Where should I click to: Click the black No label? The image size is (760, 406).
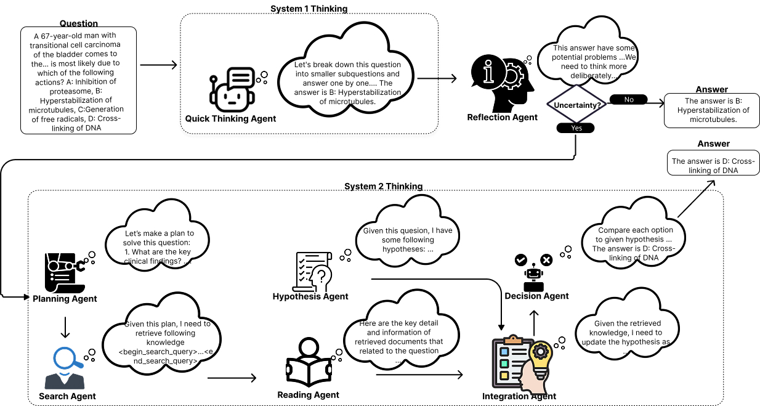(629, 99)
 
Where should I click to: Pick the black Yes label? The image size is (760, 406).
(575, 128)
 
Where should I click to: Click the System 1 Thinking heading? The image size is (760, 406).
(309, 9)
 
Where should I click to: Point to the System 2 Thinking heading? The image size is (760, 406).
(383, 186)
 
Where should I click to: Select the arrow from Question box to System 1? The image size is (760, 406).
(158, 65)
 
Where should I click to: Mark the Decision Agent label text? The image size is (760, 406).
(536, 296)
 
